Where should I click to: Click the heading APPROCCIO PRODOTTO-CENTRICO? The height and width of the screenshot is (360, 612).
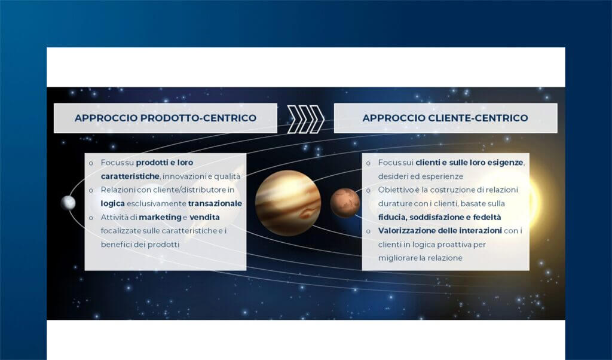(165, 118)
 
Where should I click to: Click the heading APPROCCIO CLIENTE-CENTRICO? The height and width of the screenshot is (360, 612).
(445, 118)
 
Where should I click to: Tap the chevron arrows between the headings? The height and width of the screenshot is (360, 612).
(305, 118)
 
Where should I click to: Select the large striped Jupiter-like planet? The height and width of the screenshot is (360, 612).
(288, 203)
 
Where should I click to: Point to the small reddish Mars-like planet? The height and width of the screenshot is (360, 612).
(345, 203)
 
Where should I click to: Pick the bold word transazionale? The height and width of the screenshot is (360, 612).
(215, 203)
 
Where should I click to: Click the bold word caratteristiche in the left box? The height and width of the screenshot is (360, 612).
(130, 176)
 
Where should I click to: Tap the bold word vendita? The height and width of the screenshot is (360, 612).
(204, 217)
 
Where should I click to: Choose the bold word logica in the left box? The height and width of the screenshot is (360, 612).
(112, 203)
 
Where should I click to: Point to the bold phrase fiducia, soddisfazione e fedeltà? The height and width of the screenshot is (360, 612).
(439, 217)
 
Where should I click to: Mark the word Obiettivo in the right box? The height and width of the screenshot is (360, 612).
(396, 190)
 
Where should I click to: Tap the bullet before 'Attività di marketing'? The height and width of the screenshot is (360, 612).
(91, 218)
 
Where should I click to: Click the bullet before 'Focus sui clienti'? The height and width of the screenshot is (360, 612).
(368, 163)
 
